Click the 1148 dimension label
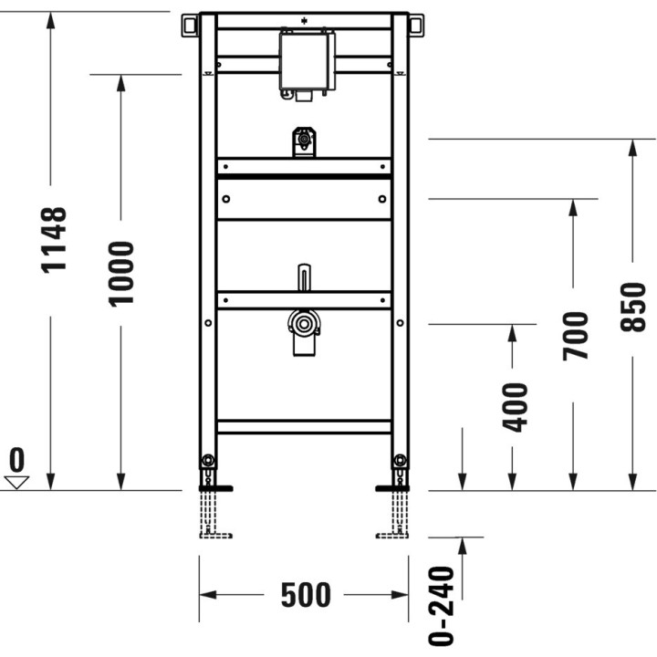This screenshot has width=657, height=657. [55, 239]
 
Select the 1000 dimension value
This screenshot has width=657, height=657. [120, 273]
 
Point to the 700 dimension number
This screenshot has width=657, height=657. [575, 335]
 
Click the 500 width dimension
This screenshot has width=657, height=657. [305, 595]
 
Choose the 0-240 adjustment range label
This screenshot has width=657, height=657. [443, 606]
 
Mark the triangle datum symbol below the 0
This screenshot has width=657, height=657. [17, 481]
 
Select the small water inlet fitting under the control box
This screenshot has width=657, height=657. [304, 141]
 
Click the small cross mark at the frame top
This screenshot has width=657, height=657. [305, 18]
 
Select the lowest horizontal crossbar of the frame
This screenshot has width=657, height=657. [304, 426]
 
